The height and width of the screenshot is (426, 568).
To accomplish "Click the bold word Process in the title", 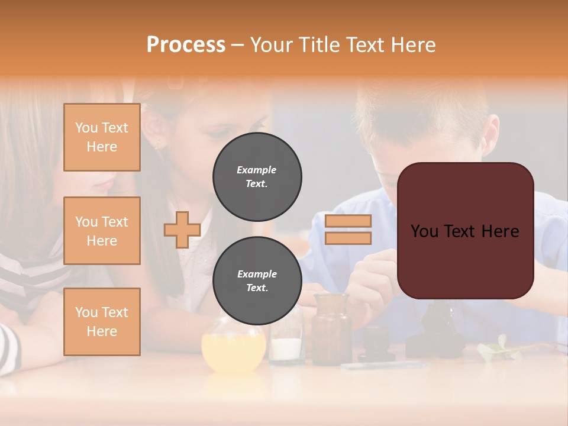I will (x=186, y=44).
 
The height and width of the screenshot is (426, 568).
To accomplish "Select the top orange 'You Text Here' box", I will (x=102, y=137).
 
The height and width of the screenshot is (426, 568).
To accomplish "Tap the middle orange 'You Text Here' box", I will (x=102, y=231).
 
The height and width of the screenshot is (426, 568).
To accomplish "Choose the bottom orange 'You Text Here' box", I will (x=102, y=322).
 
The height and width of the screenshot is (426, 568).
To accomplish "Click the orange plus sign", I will (x=182, y=230).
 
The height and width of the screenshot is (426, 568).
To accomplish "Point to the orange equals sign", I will (x=348, y=230).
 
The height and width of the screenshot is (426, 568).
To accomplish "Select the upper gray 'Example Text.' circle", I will (x=257, y=177).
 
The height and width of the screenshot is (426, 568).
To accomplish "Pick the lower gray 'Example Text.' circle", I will (x=257, y=280).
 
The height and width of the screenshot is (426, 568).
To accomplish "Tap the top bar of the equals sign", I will (x=348, y=221).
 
